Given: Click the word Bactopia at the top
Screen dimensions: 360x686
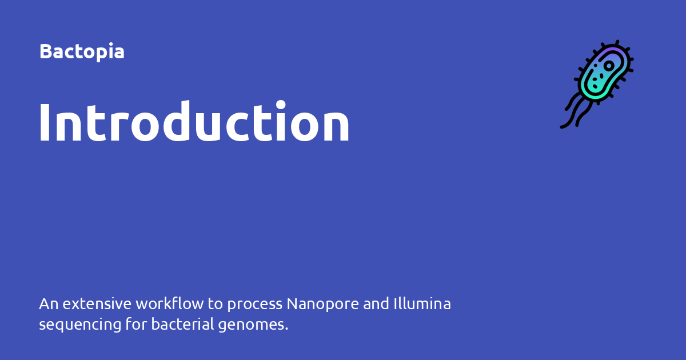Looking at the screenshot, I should pos(82,51).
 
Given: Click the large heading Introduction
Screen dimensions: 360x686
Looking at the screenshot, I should pos(194,122).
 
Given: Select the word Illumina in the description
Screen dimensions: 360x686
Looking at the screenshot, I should pos(422,304).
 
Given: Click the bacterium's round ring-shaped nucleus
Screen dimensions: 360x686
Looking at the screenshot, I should pos(609,66).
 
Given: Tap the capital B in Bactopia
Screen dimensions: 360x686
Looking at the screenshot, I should pos(45,51).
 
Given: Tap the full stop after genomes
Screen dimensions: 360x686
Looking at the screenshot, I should pos(286,330).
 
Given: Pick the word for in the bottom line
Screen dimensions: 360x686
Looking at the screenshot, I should pos(137,325).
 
